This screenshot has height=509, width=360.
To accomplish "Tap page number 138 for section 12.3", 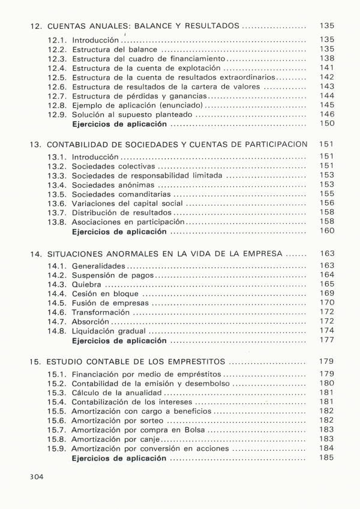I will (x=326, y=59).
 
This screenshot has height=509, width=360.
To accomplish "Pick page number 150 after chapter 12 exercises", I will (x=326, y=124).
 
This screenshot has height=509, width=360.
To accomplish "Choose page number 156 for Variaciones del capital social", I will (x=326, y=203).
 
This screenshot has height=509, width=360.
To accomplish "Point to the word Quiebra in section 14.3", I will (x=87, y=284).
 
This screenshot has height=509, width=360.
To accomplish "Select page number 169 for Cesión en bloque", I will (x=326, y=293).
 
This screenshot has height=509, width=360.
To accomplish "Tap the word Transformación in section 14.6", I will (x=100, y=313).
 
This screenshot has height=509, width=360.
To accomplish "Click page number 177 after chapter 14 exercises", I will (x=326, y=341).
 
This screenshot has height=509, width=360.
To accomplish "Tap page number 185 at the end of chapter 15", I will (x=326, y=459).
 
